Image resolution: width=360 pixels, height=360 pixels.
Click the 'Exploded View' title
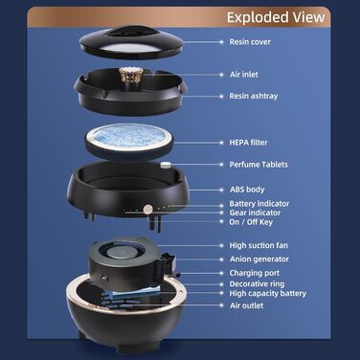click(x=276, y=17)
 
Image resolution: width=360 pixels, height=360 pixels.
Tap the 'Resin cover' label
click(x=250, y=42)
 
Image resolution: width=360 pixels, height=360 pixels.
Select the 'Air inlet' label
click(x=244, y=75)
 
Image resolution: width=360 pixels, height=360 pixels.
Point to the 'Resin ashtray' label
click(x=254, y=96)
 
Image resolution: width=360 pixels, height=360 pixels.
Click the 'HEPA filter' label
click(x=248, y=143)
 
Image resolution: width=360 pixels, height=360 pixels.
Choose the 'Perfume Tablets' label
click(x=259, y=165)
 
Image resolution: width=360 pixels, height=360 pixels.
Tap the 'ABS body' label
click(x=247, y=190)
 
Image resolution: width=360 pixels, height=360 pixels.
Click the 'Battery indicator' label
click(x=259, y=204)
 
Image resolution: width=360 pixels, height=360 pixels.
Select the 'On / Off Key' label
click(x=251, y=222)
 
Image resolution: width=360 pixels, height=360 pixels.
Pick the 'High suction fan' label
click(x=259, y=245)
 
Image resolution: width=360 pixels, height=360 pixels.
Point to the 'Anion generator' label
click(x=259, y=259)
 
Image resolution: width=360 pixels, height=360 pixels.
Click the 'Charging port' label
click(x=255, y=273)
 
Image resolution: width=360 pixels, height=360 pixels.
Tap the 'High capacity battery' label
click(x=267, y=294)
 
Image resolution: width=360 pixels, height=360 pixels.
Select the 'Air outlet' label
click(x=246, y=305)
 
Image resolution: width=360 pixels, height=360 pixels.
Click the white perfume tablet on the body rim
click(x=166, y=165)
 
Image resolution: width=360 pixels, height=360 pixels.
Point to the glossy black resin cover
click(x=131, y=42)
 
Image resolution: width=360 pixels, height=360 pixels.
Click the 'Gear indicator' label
click(x=255, y=213)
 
